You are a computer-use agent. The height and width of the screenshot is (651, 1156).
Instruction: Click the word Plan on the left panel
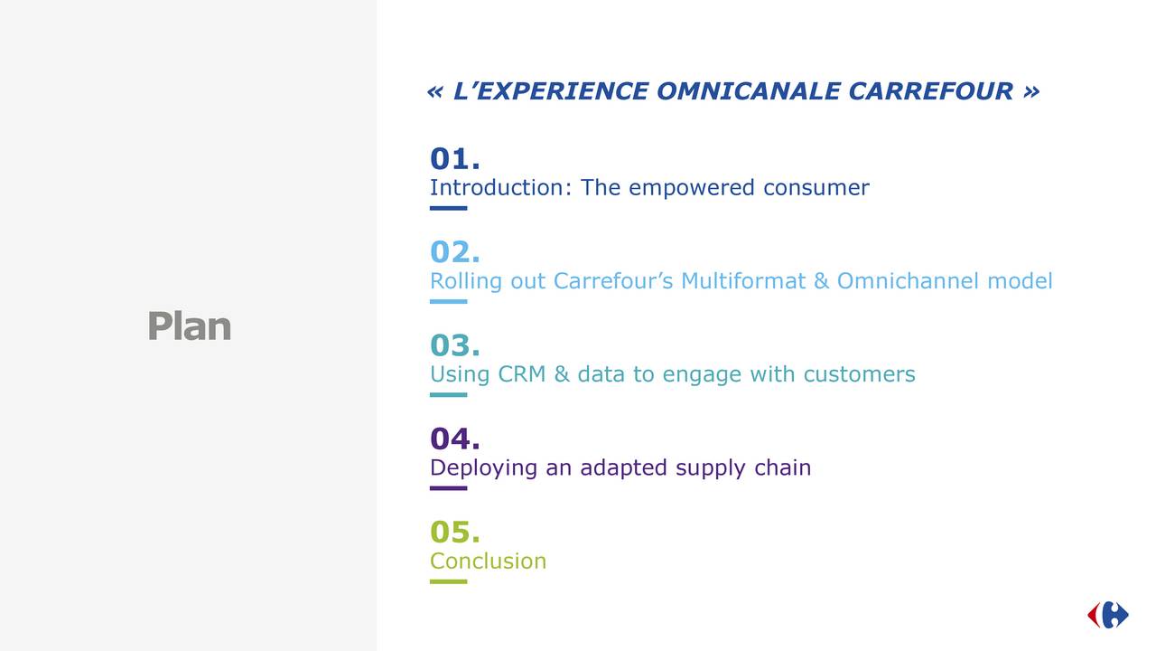(190, 326)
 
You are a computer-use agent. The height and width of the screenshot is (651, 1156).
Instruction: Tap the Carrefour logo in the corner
(1107, 615)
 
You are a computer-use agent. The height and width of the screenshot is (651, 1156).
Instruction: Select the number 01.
(454, 158)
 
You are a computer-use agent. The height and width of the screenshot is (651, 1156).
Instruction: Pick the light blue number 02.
(454, 252)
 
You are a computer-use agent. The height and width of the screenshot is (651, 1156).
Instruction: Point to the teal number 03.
(454, 345)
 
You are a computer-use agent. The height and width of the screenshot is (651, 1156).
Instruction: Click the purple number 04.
(454, 439)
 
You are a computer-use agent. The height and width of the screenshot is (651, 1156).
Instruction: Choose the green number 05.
(454, 532)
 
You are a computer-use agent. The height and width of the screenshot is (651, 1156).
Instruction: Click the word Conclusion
(489, 561)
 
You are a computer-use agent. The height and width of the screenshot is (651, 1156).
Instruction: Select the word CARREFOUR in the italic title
(931, 91)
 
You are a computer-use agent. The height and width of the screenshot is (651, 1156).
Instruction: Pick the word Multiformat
(743, 281)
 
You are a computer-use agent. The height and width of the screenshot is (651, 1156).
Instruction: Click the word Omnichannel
(908, 281)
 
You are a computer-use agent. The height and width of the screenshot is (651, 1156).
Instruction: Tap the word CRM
(522, 374)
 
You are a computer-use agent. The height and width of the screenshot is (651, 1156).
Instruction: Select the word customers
(859, 375)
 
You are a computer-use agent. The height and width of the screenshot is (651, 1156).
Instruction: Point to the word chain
(783, 467)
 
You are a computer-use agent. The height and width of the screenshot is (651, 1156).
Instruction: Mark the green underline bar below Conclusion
(449, 581)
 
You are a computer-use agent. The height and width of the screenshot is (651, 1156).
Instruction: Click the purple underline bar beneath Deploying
(449, 488)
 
